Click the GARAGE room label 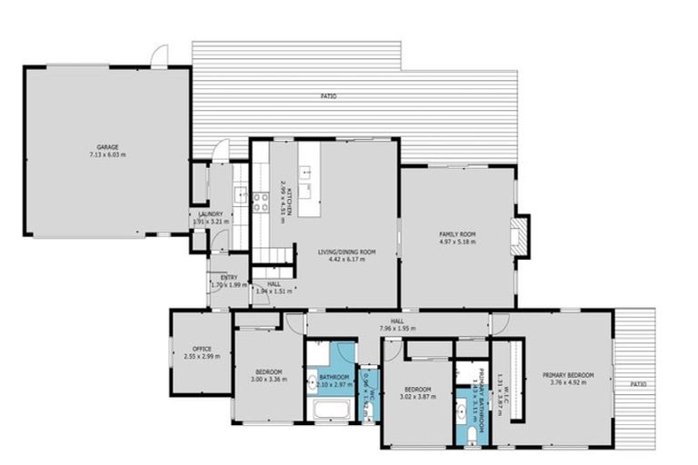pos(108,147)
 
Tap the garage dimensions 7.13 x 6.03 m pos(108,155)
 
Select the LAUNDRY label pos(210,213)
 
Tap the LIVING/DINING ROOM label pos(341,252)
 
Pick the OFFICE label pos(201,349)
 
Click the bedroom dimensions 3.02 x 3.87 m pos(415,397)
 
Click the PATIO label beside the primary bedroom pos(640,384)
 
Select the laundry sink pos(242,193)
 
